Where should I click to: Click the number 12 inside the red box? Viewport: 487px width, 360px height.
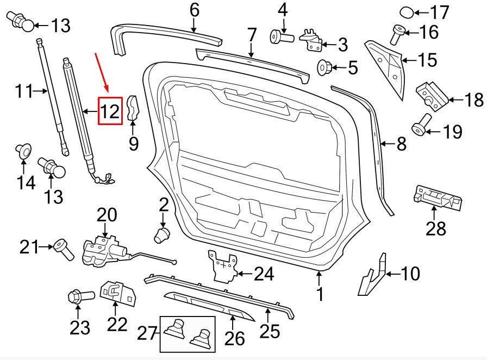(109, 111)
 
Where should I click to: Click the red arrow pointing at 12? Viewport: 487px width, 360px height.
(102, 71)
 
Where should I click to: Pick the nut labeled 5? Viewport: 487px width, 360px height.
(324, 68)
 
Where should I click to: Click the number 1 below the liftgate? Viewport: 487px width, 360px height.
(320, 294)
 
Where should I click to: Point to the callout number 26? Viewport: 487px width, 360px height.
(235, 338)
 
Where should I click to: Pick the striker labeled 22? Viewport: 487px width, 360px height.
(117, 294)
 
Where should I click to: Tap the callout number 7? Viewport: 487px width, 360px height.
(251, 36)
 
